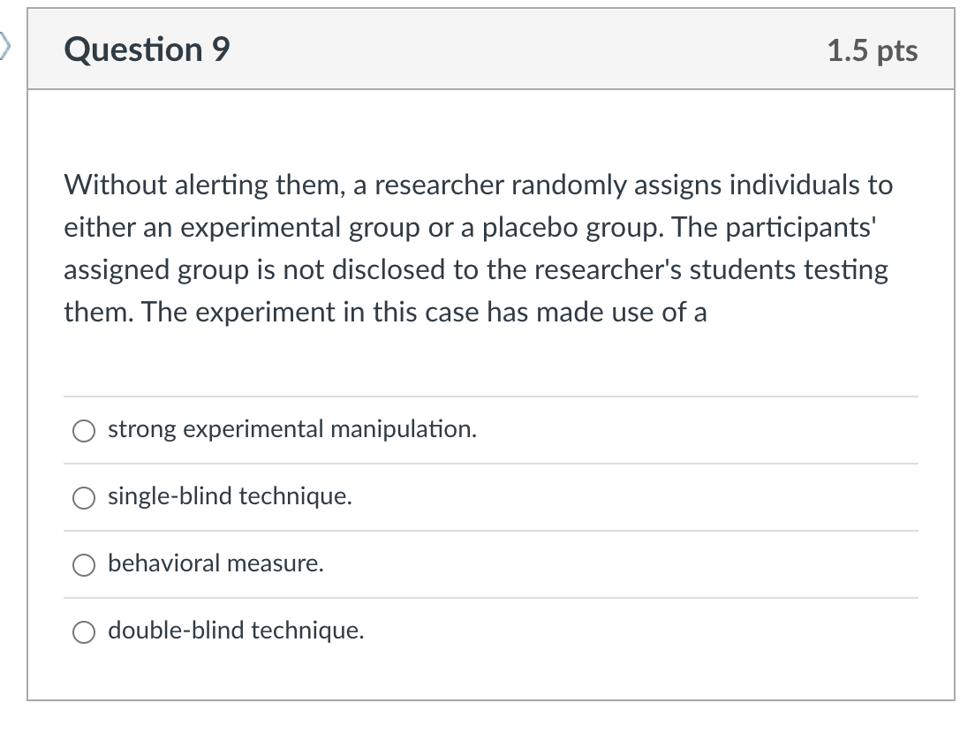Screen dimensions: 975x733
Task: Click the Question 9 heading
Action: [147, 49]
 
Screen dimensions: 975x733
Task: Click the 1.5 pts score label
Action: [873, 51]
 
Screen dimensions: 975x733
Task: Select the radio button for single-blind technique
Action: [84, 497]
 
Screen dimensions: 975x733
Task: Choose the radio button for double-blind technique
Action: [84, 631]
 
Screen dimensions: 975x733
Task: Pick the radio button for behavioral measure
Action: [84, 564]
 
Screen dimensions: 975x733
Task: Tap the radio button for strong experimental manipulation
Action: [84, 430]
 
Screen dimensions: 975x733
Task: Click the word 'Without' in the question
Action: [115, 185]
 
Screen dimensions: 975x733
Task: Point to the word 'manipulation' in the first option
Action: [404, 429]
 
